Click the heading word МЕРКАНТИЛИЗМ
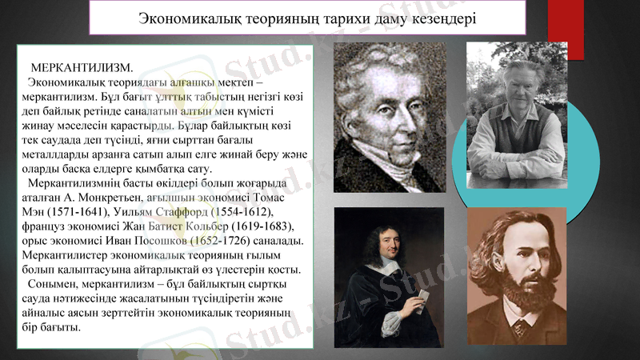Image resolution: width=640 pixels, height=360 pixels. click(x=82, y=66)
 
